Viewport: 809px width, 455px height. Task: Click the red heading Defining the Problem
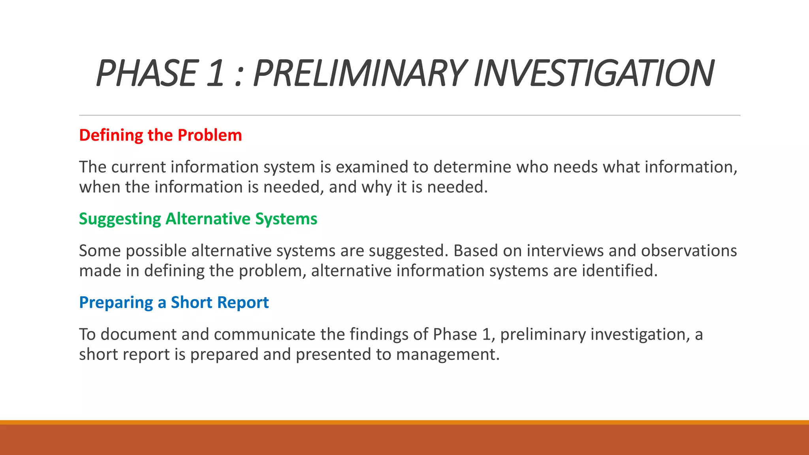pyautogui.click(x=160, y=135)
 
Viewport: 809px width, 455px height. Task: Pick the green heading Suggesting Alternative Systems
pyautogui.click(x=198, y=219)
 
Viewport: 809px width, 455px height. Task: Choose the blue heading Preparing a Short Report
pyautogui.click(x=174, y=303)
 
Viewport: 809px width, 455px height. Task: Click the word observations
pyautogui.click(x=689, y=251)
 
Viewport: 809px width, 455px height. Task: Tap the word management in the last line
pyautogui.click(x=448, y=355)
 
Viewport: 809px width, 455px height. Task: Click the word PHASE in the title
pyautogui.click(x=146, y=73)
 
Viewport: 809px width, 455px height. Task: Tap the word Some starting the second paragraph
pyautogui.click(x=99, y=251)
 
